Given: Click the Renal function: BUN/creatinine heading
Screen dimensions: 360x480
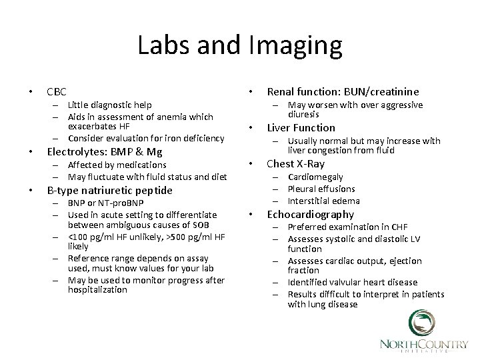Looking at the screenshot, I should coord(343,91).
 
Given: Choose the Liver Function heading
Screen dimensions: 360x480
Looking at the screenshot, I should coord(301,127).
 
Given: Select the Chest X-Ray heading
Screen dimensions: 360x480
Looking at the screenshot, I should coord(296,163).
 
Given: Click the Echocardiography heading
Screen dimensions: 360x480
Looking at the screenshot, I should coord(311,214).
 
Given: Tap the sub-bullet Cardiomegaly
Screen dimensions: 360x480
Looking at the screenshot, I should coord(315,177).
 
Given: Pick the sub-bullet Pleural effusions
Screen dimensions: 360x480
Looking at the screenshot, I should coord(321,189).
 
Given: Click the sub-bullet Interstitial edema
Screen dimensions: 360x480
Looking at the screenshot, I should coord(323,201).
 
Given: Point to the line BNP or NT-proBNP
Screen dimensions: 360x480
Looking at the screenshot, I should coord(105,203).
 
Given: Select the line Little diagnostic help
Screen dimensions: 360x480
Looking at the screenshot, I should coord(109,105).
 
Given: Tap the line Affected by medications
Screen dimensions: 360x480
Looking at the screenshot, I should coord(117,165).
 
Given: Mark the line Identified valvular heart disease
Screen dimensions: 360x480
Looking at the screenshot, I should coord(353,282).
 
